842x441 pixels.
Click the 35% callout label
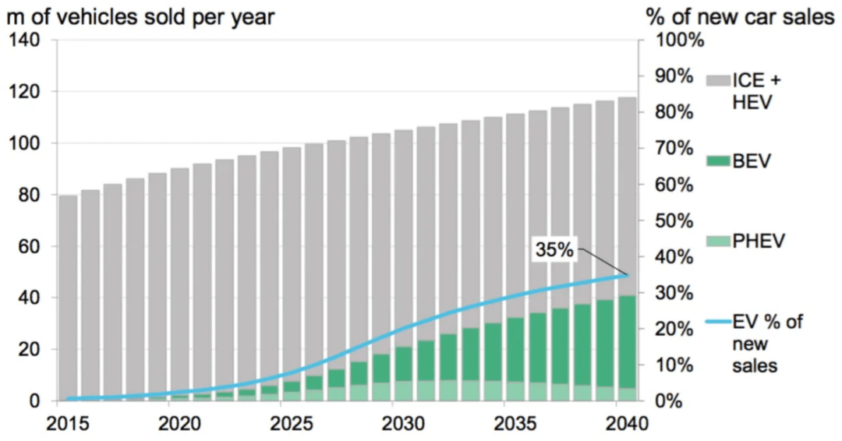click(x=554, y=250)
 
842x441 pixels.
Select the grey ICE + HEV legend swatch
click(x=718, y=81)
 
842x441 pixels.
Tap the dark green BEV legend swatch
click(x=718, y=162)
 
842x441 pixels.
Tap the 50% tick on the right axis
click(x=670, y=220)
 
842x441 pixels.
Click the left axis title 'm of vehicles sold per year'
click(x=140, y=16)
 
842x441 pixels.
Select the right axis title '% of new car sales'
click(x=740, y=16)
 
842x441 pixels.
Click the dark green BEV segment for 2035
click(x=516, y=350)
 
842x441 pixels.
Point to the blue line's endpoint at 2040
click(x=627, y=275)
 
